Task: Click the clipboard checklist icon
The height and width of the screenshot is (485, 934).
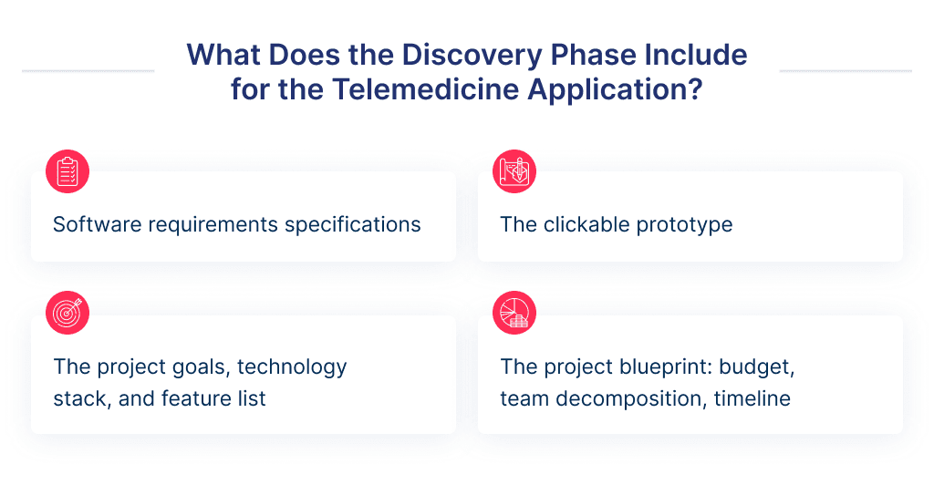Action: [67, 171]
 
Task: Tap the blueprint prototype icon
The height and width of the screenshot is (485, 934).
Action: [514, 171]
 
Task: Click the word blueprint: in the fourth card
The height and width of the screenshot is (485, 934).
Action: [650, 367]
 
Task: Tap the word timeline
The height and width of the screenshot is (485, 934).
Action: [752, 398]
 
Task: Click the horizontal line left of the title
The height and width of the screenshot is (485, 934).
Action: [88, 70]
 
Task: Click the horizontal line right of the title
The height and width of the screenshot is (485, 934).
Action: [845, 70]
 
